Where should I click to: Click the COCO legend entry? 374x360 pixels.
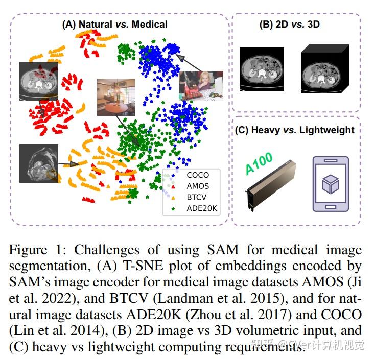click(x=197, y=175)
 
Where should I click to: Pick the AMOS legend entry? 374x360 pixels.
click(x=197, y=186)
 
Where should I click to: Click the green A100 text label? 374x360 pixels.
click(x=258, y=163)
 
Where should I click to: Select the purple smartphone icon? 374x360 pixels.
click(x=330, y=183)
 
